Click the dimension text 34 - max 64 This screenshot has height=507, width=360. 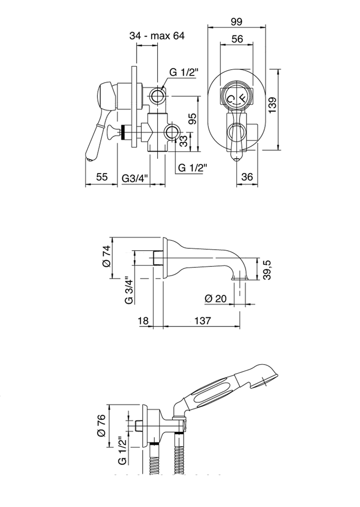click(x=157, y=36)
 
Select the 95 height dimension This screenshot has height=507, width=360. click(x=193, y=119)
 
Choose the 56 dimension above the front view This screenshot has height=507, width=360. click(x=237, y=38)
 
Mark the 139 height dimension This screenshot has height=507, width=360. click(x=273, y=106)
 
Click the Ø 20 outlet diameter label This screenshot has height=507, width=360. click(x=215, y=299)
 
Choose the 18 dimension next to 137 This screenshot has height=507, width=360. click(x=143, y=320)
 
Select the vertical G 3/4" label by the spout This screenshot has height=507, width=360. click(x=128, y=290)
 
